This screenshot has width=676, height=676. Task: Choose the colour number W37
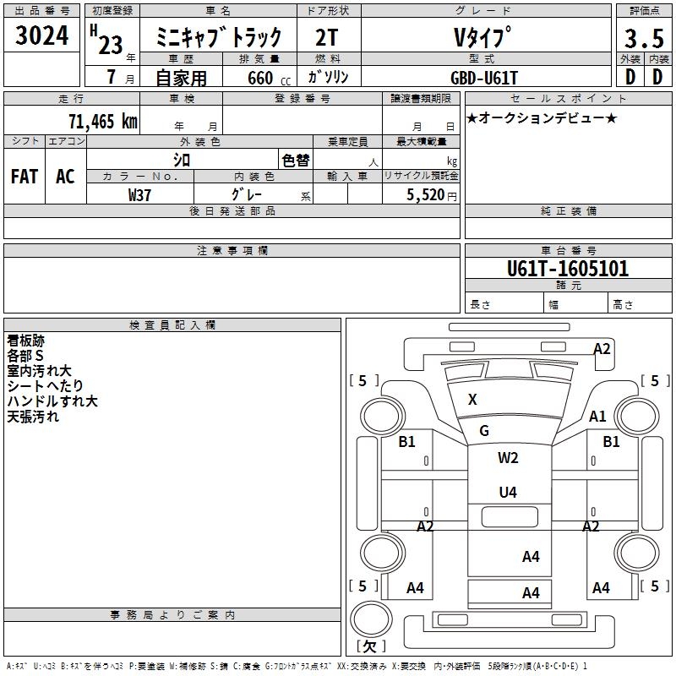point(139,195)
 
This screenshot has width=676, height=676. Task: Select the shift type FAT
point(25,177)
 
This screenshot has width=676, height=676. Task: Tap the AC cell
point(65,177)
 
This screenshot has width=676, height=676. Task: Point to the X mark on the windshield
point(472,400)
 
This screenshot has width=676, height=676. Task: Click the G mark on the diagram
point(484,431)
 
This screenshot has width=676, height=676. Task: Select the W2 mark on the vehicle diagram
point(508,458)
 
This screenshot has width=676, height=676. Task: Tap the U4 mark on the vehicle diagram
point(508,492)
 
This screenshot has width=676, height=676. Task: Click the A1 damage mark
point(597,416)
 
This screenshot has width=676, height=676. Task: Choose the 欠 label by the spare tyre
point(369,646)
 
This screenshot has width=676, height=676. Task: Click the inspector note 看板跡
point(25,341)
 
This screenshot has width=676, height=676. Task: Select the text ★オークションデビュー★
point(542,118)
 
